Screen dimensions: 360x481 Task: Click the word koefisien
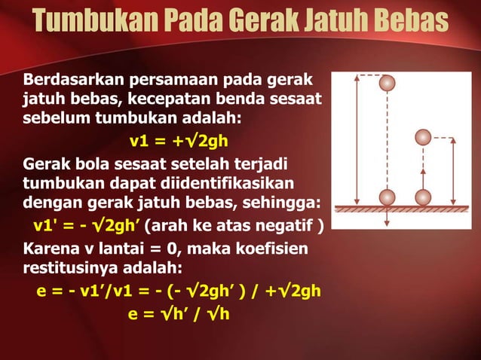pyautogui.click(x=281, y=247)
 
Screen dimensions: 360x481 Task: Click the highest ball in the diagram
pyautogui.click(x=388, y=83)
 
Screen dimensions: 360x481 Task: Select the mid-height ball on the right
pyautogui.click(x=423, y=138)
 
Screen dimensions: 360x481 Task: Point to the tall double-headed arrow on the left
pyautogui.click(x=354, y=139)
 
